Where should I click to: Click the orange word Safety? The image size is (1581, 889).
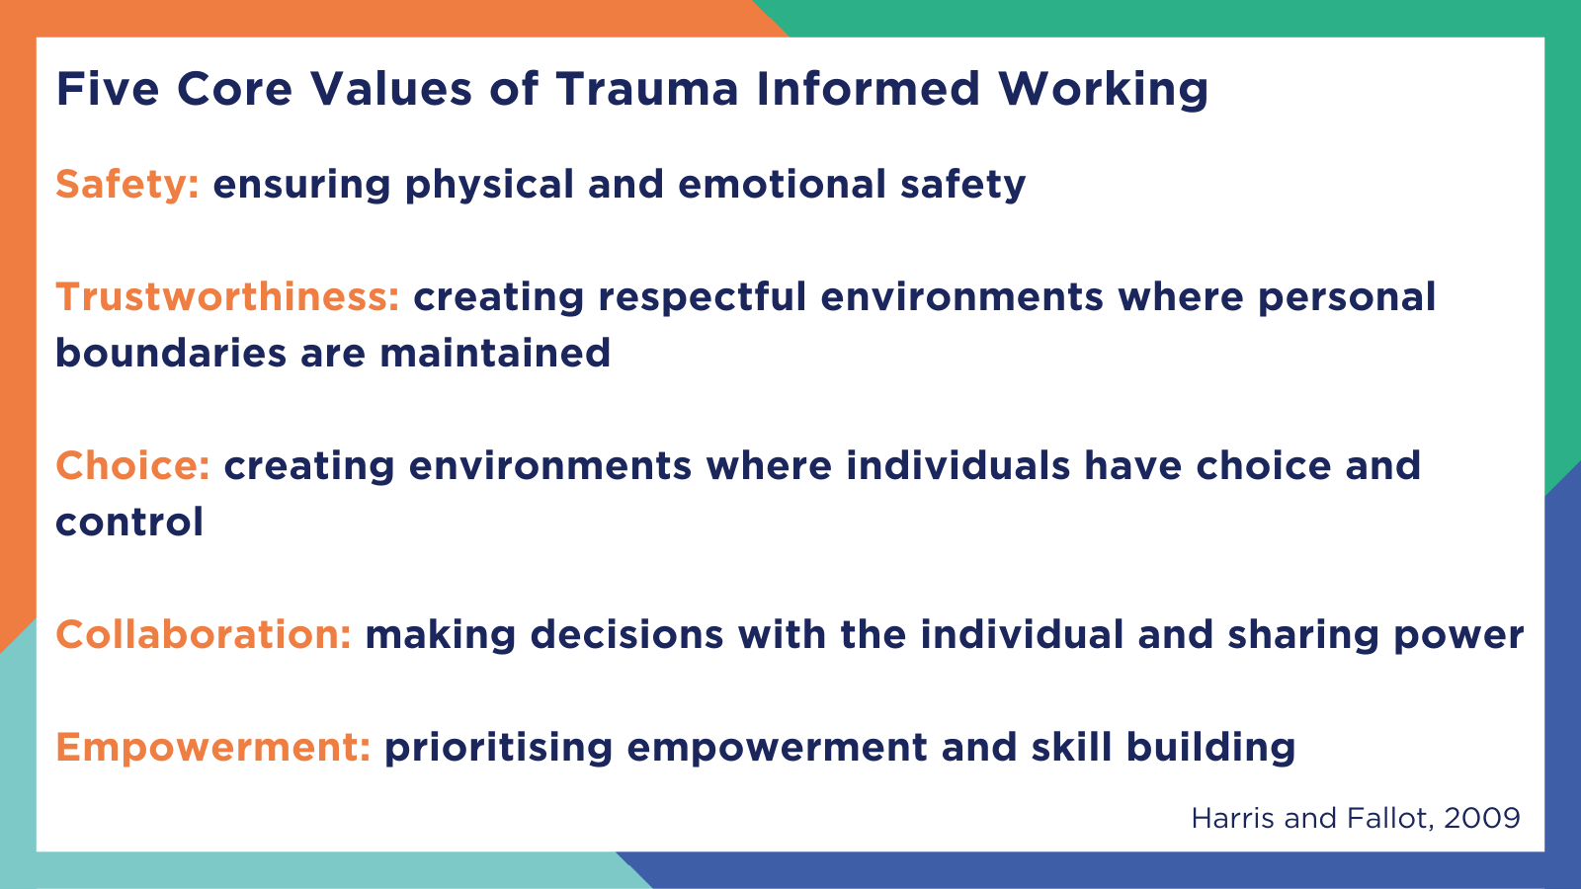click(127, 185)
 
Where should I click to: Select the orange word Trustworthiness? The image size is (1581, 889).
click(227, 297)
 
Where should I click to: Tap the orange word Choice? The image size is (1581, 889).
click(132, 466)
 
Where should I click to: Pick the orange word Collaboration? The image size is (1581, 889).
click(204, 635)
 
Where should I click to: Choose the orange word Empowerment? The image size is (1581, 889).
click(212, 748)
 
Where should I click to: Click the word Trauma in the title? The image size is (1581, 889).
click(646, 89)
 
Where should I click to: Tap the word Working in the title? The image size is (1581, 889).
click(1103, 89)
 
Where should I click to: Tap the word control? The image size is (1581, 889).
click(129, 523)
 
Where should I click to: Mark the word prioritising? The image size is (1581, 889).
click(499, 748)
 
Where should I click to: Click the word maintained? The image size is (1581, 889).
click(495, 354)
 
